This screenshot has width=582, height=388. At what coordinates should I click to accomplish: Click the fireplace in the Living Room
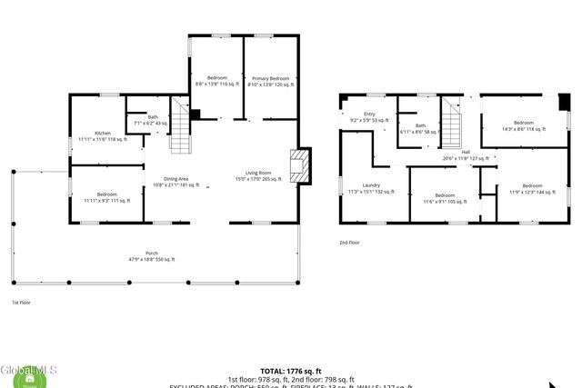[x=298, y=165]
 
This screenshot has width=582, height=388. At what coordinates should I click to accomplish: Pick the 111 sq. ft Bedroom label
[x=106, y=197]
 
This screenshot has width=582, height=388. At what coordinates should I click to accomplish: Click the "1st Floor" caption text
[x=21, y=302]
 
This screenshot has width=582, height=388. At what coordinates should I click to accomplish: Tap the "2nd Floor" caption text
[x=350, y=243]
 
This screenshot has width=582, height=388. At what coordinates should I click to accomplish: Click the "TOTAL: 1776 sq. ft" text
[x=290, y=371]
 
